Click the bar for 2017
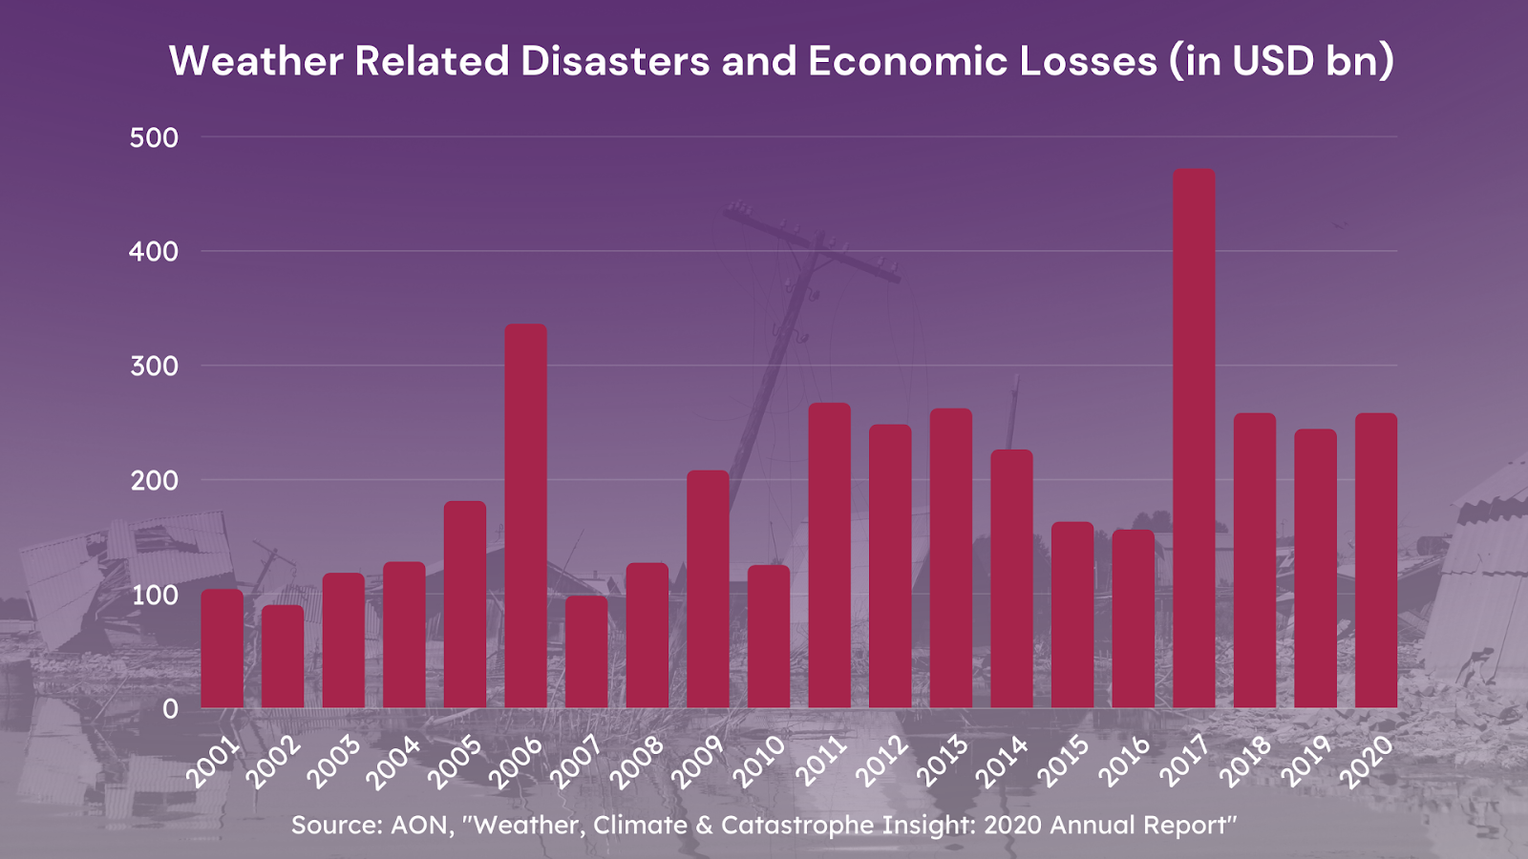pyautogui.click(x=1194, y=439)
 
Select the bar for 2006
pyautogui.click(x=525, y=515)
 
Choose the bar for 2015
pyautogui.click(x=1072, y=615)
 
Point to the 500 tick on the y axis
pyautogui.click(x=154, y=137)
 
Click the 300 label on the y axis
pyautogui.click(x=154, y=366)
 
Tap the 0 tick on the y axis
pyautogui.click(x=170, y=709)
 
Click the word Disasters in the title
pyautogui.click(x=614, y=61)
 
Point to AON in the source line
pyautogui.click(x=419, y=825)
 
